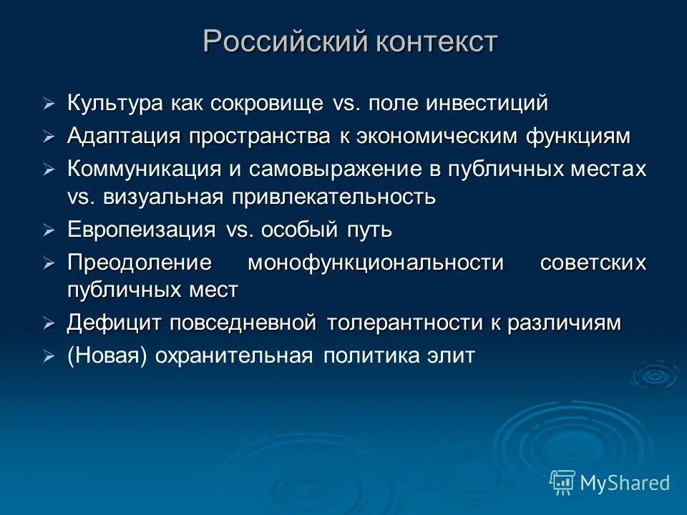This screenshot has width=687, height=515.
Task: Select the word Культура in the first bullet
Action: (116, 103)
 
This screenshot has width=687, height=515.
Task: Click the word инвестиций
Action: (487, 103)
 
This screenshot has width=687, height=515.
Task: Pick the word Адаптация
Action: (118, 136)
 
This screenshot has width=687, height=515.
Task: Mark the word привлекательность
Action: (333, 196)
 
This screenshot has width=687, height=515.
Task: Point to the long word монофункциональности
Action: (376, 263)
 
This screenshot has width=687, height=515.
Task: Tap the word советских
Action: (593, 263)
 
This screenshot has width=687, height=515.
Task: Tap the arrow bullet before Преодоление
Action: (49, 264)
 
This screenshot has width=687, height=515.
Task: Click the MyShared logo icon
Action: (562, 483)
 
